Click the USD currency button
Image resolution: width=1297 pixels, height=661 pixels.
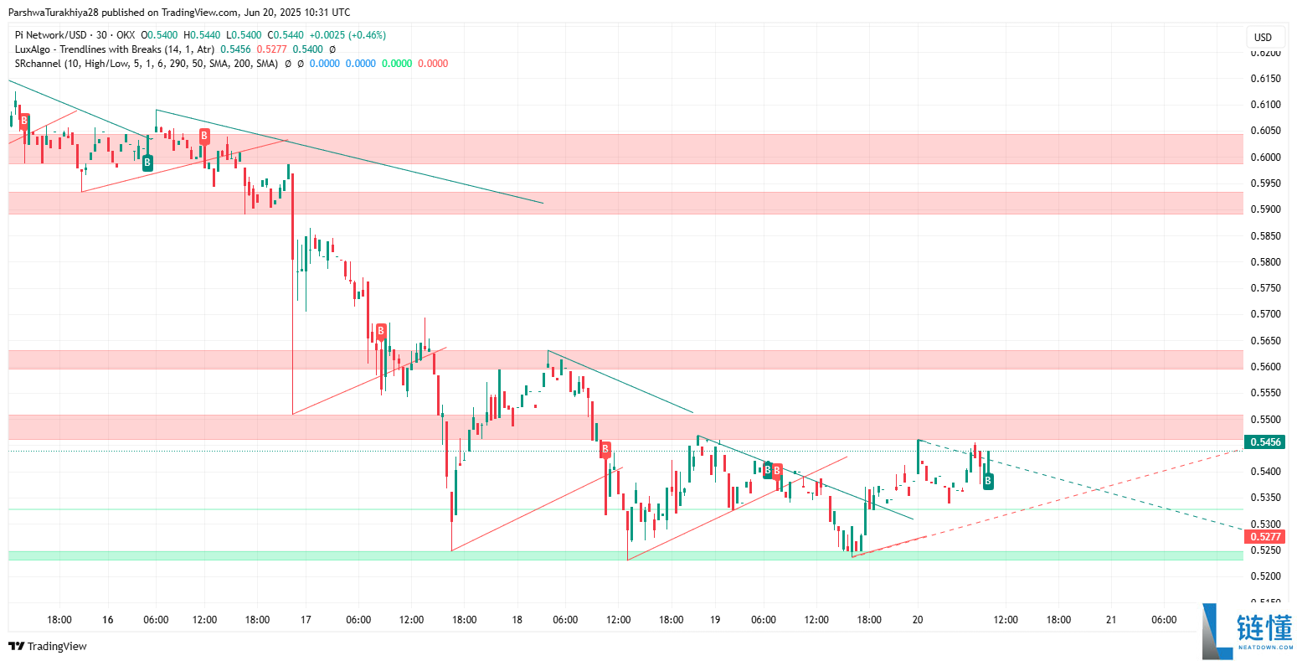point(1263,37)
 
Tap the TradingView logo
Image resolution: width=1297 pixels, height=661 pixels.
point(48,646)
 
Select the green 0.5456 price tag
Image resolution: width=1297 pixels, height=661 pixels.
point(1264,442)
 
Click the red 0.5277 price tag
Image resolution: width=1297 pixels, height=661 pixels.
point(1264,536)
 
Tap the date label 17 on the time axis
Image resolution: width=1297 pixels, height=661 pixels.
point(306,620)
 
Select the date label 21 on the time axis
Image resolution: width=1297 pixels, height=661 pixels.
point(1111,620)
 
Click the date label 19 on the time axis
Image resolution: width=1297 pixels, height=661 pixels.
point(715,620)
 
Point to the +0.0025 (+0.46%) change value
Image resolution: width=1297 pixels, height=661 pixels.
point(347,35)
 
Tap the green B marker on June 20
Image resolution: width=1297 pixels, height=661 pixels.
point(988,481)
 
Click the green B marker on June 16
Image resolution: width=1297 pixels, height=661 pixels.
point(147,163)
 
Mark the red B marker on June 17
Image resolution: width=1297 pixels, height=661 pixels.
point(380,332)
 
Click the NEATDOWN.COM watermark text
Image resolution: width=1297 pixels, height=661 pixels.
point(1264,648)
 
